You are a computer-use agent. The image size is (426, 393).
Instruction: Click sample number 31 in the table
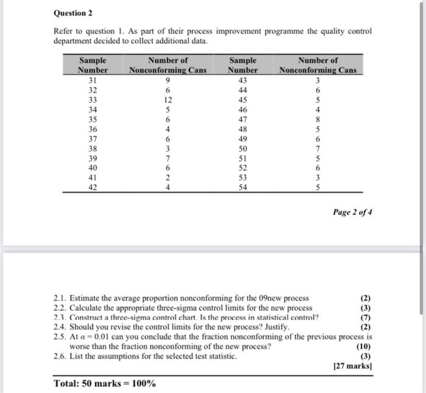[93, 79]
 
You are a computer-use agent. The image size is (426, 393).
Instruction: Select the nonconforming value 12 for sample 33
[168, 100]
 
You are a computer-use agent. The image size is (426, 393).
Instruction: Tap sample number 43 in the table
[242, 79]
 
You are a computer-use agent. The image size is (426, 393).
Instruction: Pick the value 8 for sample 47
[318, 120]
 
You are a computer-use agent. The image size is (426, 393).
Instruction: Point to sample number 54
[242, 187]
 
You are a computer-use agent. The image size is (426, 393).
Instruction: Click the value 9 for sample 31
[168, 79]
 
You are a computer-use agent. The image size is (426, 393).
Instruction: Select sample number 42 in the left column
[93, 187]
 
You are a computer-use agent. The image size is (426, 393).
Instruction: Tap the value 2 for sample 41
[168, 178]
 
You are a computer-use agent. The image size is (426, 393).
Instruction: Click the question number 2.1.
[60, 298]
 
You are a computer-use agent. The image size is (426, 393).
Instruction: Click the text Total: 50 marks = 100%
[105, 384]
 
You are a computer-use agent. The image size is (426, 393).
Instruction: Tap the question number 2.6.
[60, 356]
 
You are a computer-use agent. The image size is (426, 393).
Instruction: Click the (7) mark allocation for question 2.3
[366, 317]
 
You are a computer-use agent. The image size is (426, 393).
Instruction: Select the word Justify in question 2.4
[274, 327]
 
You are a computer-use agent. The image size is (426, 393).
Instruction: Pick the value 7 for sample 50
[318, 149]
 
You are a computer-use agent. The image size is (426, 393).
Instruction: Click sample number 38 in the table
[93, 149]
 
